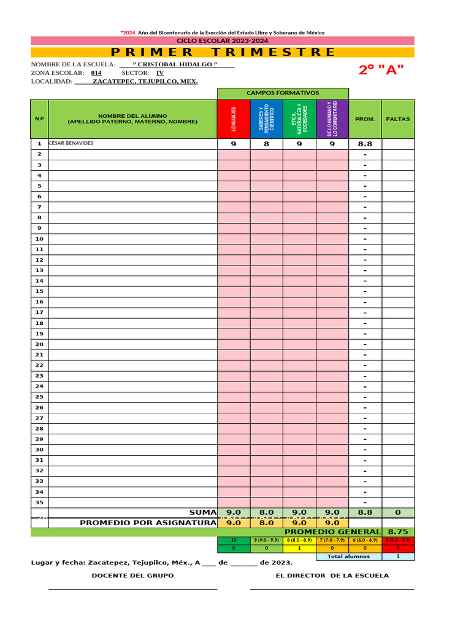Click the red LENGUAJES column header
click(x=234, y=119)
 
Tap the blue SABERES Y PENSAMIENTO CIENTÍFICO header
click(x=267, y=119)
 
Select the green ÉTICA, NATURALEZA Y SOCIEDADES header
click(x=300, y=119)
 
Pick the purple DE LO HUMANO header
click(x=332, y=119)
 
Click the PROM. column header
click(x=365, y=119)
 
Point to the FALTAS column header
click(x=398, y=119)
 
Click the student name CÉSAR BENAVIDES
click(x=72, y=144)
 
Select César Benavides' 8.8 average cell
click(x=365, y=144)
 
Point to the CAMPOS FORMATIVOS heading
click(x=283, y=93)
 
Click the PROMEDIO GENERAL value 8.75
click(x=398, y=531)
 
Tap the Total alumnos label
click(x=349, y=557)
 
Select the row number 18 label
click(x=39, y=323)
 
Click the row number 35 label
click(x=39, y=502)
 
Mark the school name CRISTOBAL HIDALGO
click(x=175, y=64)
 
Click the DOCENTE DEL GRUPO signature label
click(x=132, y=576)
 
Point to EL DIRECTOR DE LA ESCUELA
click(x=332, y=576)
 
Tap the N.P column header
click(x=39, y=119)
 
